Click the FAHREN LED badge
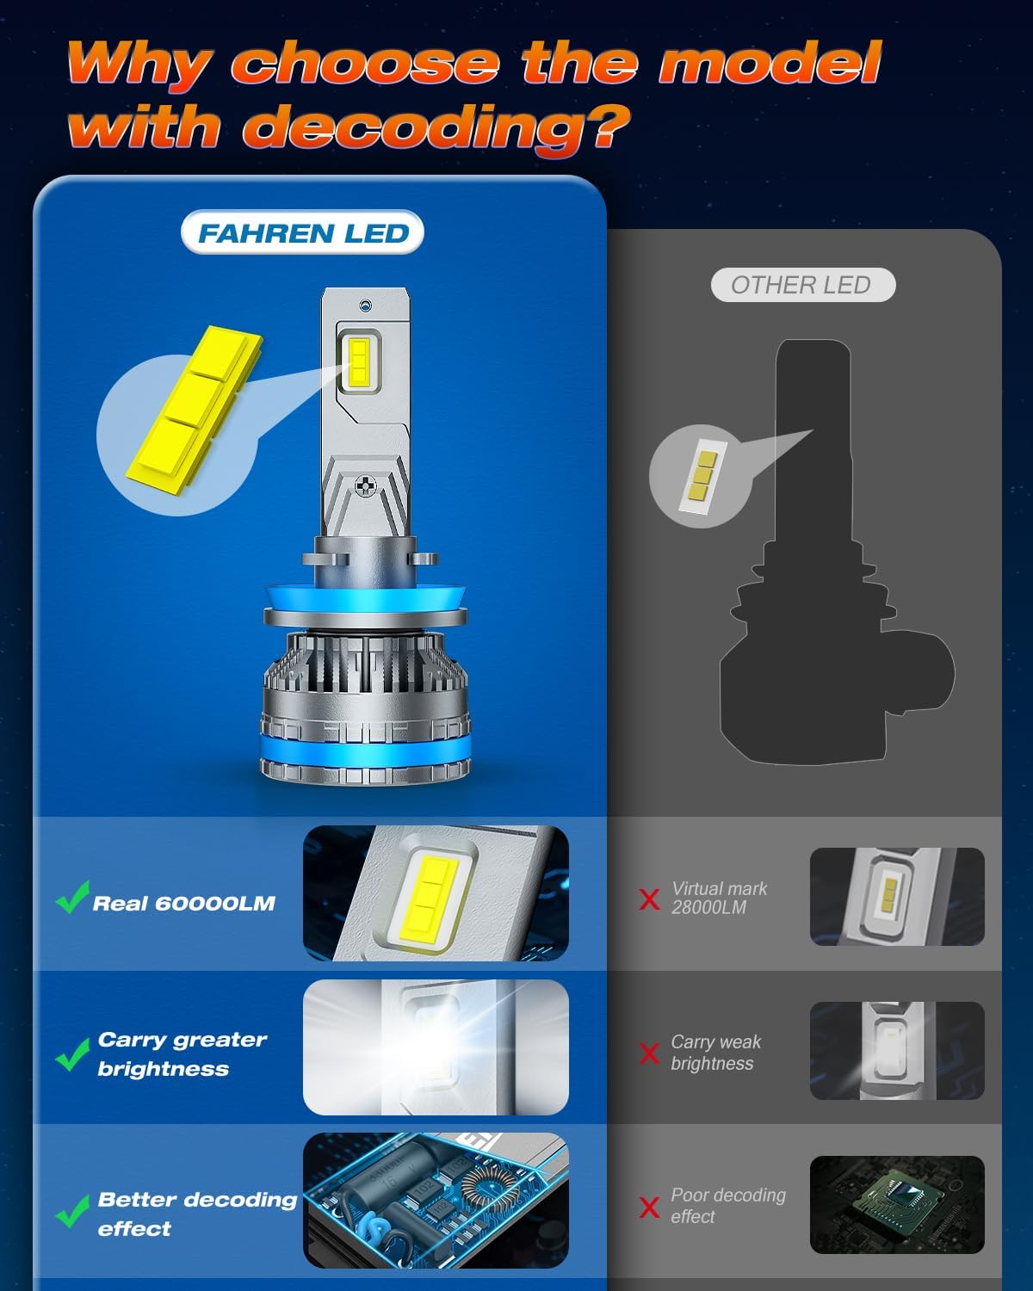[x=302, y=233]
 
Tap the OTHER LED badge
[x=802, y=285]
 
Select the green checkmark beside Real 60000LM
[x=72, y=898]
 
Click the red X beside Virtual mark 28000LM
[x=650, y=899]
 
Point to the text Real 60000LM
[x=183, y=903]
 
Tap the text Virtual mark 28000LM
[x=719, y=898]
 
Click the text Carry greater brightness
[x=182, y=1053]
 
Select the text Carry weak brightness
[x=715, y=1053]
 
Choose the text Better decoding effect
[x=196, y=1214]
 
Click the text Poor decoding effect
[x=727, y=1206]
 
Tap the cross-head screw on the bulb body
[x=367, y=486]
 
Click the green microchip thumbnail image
[x=896, y=1204]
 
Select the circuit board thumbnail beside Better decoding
[x=436, y=1200]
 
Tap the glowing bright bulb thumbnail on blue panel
[x=436, y=1047]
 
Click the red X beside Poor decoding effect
[x=650, y=1207]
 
